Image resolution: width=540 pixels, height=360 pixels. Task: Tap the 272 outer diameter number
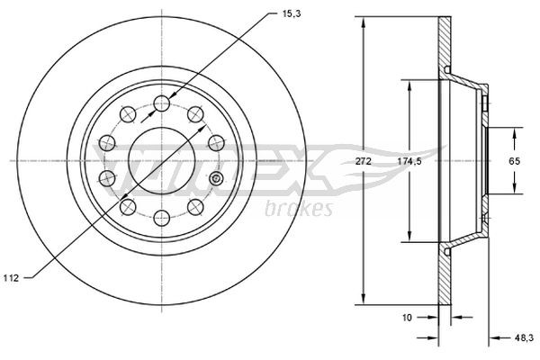tap(364, 160)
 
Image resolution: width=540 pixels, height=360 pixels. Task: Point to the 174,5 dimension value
tap(410, 160)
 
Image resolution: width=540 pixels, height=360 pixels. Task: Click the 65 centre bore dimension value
tap(515, 160)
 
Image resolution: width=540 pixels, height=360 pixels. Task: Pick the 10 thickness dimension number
tap(408, 317)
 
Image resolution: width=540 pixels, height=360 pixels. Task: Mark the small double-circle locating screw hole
tap(214, 181)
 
